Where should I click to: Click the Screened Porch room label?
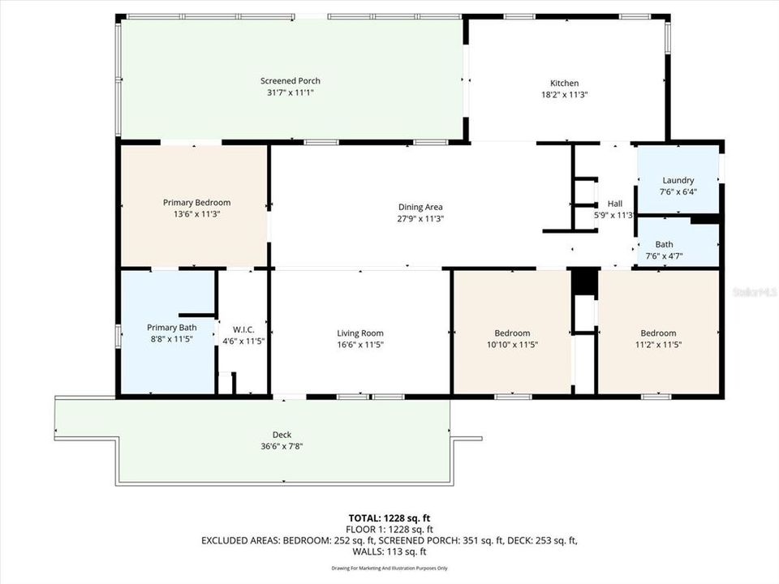pyautogui.click(x=290, y=80)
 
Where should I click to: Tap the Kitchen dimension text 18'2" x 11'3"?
pyautogui.click(x=565, y=95)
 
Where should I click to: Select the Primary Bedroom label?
pyautogui.click(x=196, y=203)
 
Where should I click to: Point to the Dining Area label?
pyautogui.click(x=420, y=207)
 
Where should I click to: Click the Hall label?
pyautogui.click(x=614, y=204)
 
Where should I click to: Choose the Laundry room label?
pyautogui.click(x=678, y=180)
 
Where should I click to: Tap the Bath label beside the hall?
pyautogui.click(x=664, y=244)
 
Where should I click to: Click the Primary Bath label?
pyautogui.click(x=171, y=328)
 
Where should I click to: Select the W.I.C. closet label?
pyautogui.click(x=243, y=329)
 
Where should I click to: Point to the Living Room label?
pyautogui.click(x=360, y=333)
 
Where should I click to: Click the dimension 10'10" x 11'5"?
pyautogui.click(x=512, y=345)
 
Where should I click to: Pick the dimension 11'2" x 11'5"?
pyautogui.click(x=658, y=345)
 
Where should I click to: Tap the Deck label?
pyautogui.click(x=282, y=435)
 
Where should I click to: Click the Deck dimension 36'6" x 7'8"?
pyautogui.click(x=282, y=446)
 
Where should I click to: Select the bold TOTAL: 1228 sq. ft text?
pyautogui.click(x=389, y=517)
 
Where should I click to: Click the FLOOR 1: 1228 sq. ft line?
pyautogui.click(x=389, y=529)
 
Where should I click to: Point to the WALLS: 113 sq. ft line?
pyautogui.click(x=389, y=552)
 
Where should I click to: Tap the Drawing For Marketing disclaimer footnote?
pyautogui.click(x=389, y=568)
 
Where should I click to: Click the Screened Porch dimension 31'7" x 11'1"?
pyautogui.click(x=290, y=92)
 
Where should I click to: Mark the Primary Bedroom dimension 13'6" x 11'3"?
pyautogui.click(x=196, y=214)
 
